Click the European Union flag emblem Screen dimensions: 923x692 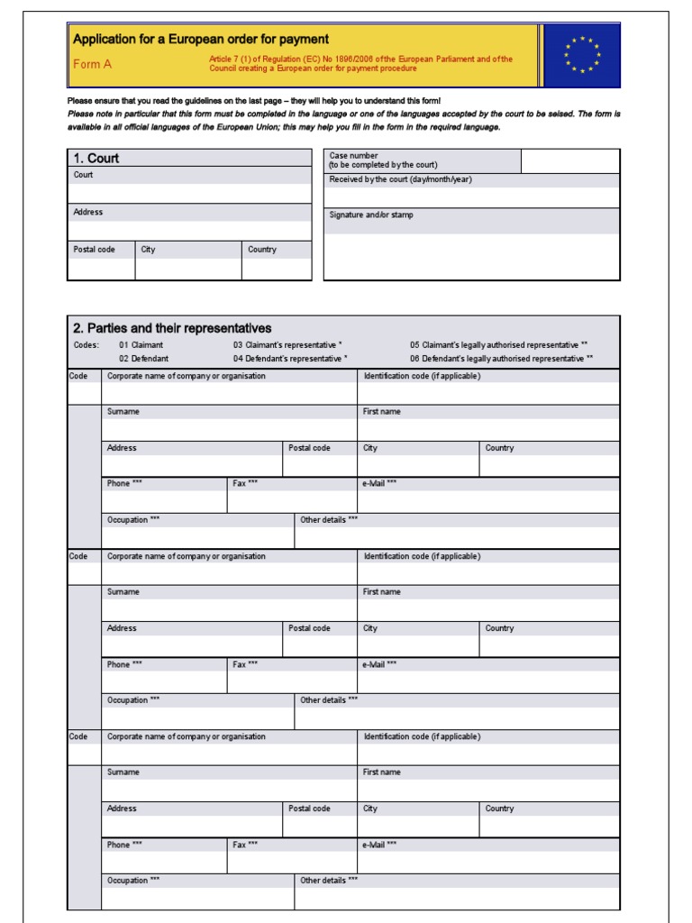click(581, 55)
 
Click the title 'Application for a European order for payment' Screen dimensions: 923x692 click(200, 40)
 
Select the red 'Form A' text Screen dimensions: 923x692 click(92, 64)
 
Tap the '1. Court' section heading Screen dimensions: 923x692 click(96, 159)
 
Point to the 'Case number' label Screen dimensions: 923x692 click(354, 156)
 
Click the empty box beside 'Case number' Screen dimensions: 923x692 click(569, 161)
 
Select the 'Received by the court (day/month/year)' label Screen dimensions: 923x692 click(400, 179)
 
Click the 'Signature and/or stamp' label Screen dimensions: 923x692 click(371, 215)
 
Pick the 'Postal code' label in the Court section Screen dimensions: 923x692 click(94, 250)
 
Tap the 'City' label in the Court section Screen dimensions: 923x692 click(148, 250)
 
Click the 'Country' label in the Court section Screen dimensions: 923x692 click(262, 250)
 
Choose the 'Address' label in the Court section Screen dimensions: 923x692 click(88, 213)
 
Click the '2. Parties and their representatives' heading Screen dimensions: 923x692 click(172, 328)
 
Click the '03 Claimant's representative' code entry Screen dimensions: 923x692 click(287, 345)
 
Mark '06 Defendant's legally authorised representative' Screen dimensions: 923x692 click(501, 359)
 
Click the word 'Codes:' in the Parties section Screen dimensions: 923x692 click(86, 345)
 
